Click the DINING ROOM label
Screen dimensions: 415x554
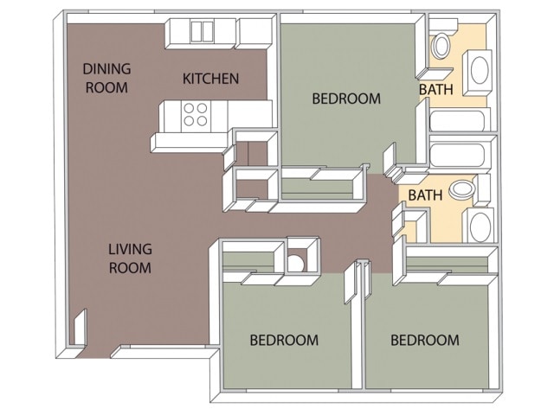(x=106, y=78)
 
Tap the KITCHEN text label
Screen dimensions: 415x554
(x=210, y=79)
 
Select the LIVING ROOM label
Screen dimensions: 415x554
(x=130, y=259)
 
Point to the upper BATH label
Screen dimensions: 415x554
(x=435, y=89)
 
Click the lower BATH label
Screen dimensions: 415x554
(x=425, y=195)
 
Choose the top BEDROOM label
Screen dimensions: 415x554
(x=345, y=99)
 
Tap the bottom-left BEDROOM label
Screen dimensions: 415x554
(x=284, y=340)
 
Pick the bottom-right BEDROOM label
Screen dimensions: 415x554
(x=424, y=340)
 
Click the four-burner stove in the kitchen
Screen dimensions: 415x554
(x=196, y=115)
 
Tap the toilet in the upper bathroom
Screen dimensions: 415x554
(x=441, y=43)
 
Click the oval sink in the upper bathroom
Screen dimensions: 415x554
(x=479, y=69)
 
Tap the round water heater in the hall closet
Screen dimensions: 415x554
(x=296, y=260)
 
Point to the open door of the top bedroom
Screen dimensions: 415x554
(x=387, y=157)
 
